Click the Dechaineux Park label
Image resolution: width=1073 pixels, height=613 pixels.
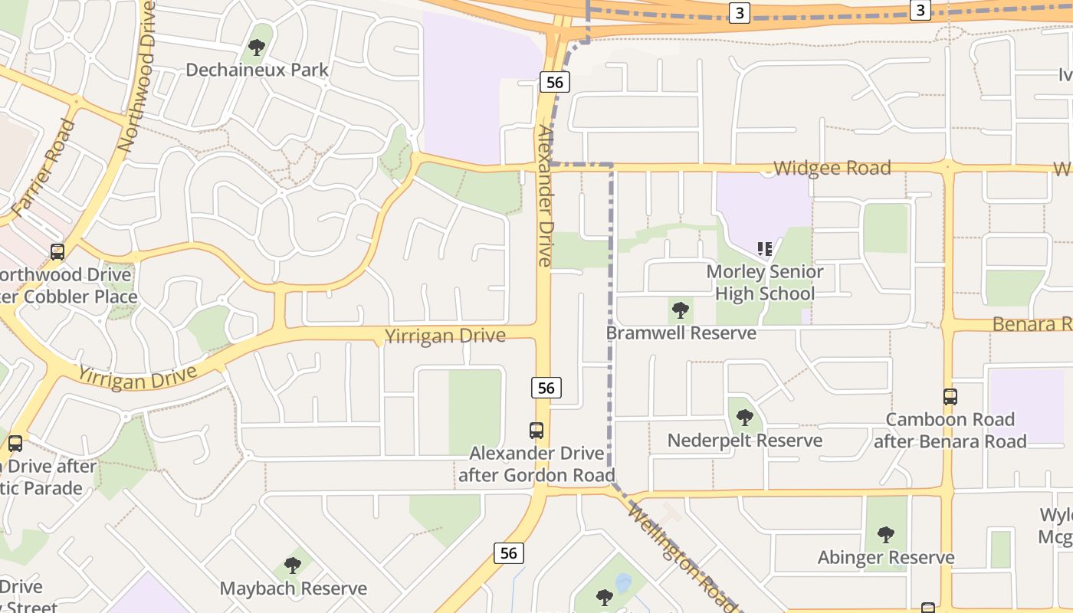257,70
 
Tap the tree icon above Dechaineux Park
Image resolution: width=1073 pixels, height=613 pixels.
257,48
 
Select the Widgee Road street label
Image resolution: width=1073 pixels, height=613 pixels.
832,168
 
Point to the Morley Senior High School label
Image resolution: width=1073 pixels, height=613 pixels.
764,283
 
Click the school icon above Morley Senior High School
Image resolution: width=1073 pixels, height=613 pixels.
764,248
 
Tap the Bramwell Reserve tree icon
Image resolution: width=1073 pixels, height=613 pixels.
680,310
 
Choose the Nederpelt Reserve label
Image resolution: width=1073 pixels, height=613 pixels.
744,441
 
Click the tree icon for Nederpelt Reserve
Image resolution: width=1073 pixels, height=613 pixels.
744,418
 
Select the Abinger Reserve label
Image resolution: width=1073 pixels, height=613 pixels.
886,557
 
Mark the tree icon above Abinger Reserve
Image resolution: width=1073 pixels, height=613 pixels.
886,534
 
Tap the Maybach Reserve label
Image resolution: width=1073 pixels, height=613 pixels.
293,588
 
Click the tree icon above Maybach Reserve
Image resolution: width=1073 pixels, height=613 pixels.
292,565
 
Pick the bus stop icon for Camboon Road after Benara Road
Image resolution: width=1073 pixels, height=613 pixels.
950,397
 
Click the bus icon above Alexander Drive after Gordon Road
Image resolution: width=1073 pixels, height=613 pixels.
536,431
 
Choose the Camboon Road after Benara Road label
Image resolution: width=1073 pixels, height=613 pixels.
950,430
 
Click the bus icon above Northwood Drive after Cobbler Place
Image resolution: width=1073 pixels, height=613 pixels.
57,251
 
